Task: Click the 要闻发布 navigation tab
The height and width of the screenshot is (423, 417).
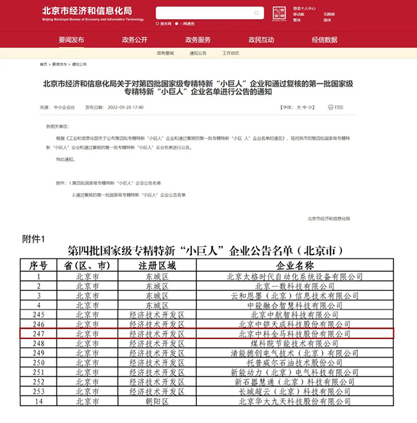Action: pos(71,40)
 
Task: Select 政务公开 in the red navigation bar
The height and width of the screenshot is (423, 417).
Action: pos(134,40)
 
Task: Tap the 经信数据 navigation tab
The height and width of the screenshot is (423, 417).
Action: pos(325,40)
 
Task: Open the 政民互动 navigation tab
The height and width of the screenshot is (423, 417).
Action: pos(261,40)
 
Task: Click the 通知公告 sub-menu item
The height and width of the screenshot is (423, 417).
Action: pos(198,53)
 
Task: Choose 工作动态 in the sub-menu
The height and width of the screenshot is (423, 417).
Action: pos(231,53)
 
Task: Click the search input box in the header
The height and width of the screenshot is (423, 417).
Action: pos(209,13)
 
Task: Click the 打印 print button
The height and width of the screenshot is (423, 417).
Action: pos(336,107)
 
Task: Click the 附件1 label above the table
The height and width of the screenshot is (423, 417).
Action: pos(33,240)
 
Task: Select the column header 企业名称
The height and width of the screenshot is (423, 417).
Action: pos(294,265)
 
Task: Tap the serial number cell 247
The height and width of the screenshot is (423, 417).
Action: pos(38,334)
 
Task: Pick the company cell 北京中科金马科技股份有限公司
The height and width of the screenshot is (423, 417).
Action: pos(294,334)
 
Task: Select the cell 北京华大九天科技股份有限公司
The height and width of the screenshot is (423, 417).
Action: pos(294,401)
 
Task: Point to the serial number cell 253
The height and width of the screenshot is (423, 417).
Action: pos(38,392)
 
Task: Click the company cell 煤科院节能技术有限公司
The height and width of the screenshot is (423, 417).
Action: pos(294,344)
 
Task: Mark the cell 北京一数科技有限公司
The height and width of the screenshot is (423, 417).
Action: pos(294,286)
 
